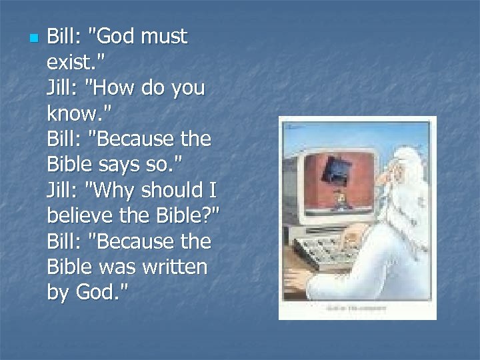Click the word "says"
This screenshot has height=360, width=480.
tap(123, 165)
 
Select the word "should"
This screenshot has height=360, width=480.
tap(171, 191)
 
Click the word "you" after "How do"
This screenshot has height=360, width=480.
tap(188, 88)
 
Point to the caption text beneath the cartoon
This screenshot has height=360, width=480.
tap(357, 309)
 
